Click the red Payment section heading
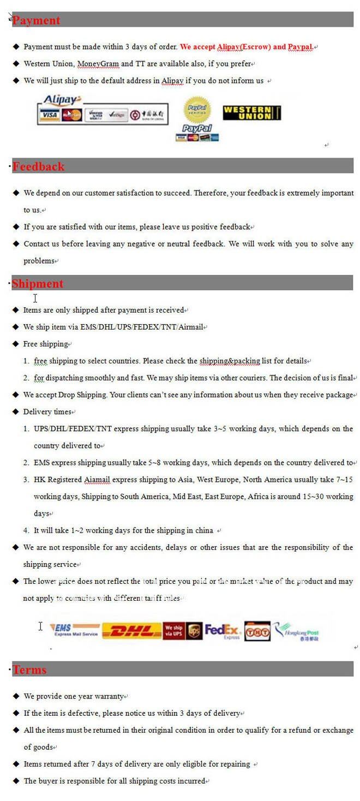[36, 20]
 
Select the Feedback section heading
[38, 166]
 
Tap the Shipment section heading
[38, 283]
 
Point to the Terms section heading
[29, 670]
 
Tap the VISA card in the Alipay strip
[49, 115]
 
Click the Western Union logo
[251, 113]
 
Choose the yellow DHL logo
[132, 631]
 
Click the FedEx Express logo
[223, 631]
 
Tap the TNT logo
[257, 631]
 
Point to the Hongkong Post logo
[297, 632]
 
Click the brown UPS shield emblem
[194, 631]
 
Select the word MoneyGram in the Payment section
[98, 64]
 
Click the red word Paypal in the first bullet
[300, 47]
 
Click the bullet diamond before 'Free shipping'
[15, 344]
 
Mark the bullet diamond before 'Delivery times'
[15, 411]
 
